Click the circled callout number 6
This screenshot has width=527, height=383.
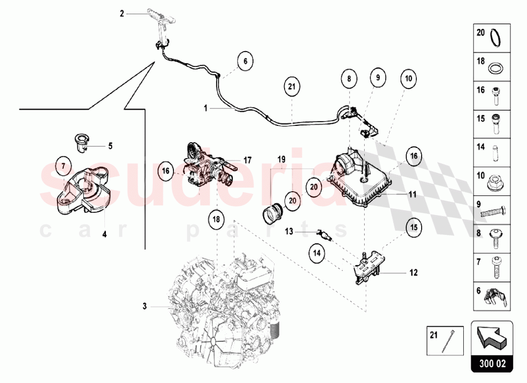pyautogui.click(x=245, y=61)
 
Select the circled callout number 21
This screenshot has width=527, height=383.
pyautogui.click(x=292, y=86)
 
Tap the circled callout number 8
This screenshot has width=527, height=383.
pyautogui.click(x=348, y=79)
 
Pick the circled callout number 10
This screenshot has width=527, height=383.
pyautogui.click(x=407, y=79)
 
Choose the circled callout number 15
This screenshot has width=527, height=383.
pyautogui.click(x=414, y=227)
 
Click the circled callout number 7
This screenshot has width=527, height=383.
pyautogui.click(x=63, y=166)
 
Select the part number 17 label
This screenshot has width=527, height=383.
pyautogui.click(x=248, y=159)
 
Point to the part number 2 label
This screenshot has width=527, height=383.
pyautogui.click(x=122, y=14)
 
